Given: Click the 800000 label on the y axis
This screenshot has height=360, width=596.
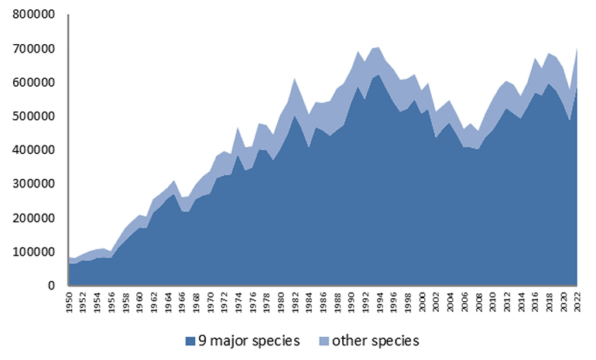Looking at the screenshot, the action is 33,15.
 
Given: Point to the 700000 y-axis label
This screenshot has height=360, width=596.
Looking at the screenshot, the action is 33,49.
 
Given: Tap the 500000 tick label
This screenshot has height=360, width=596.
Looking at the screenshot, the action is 33,116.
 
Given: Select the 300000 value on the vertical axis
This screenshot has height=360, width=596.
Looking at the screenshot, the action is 33,184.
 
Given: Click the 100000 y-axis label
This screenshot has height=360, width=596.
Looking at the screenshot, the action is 33,252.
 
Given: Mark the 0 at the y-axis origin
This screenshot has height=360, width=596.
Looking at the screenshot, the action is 51,286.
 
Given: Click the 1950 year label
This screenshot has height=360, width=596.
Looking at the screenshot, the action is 69,302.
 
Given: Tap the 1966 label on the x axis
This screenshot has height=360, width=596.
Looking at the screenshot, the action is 182,302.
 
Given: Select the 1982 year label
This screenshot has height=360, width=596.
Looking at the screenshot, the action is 295,302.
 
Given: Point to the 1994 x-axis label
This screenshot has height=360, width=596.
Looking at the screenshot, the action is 380,302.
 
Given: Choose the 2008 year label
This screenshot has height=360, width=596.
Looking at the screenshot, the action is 478,302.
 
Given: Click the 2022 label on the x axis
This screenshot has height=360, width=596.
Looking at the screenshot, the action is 577,302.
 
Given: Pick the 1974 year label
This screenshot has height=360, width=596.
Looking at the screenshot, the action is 238,302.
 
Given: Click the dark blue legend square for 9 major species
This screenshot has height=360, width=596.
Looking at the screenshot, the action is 190,341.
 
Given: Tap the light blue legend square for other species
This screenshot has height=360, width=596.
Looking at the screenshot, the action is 324,341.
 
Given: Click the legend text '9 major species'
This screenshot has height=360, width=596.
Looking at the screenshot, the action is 249,341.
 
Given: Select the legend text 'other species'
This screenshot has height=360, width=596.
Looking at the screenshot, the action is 375,341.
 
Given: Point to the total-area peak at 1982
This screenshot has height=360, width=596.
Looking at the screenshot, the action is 295,78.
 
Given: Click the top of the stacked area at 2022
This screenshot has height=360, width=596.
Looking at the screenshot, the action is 577,48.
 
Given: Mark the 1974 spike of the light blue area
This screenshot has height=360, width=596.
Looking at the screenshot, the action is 238,128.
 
